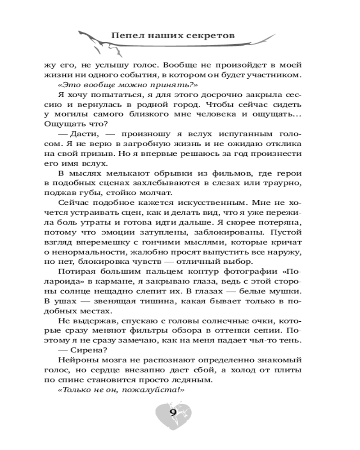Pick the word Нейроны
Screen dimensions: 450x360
77,360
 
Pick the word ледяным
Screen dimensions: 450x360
192,380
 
